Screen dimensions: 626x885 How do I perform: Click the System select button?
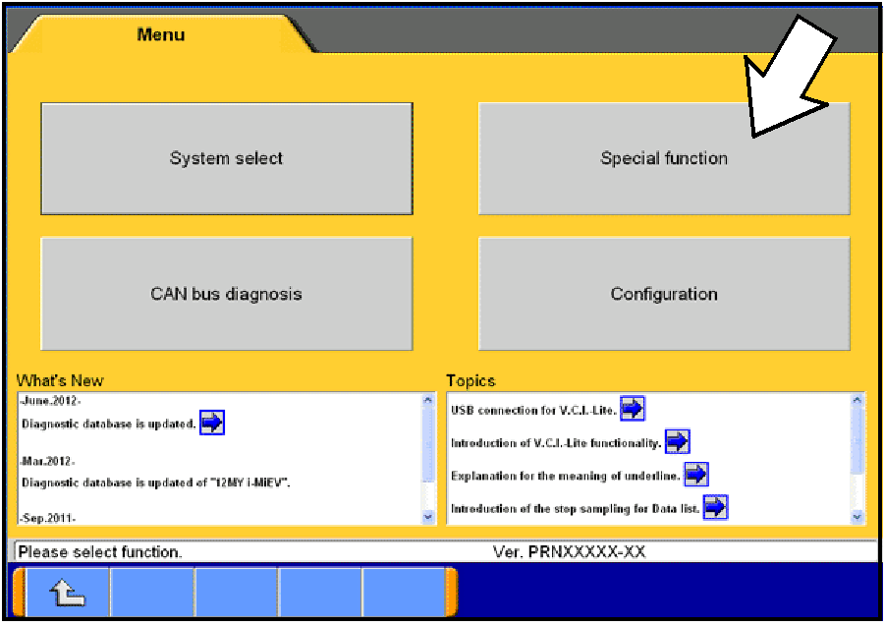pyautogui.click(x=226, y=158)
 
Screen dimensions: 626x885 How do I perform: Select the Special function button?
pyautogui.click(x=664, y=158)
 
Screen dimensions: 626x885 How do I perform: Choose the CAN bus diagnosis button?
pyautogui.click(x=226, y=294)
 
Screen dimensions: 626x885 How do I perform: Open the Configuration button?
pyautogui.click(x=664, y=294)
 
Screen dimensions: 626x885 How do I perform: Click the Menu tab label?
pyautogui.click(x=161, y=34)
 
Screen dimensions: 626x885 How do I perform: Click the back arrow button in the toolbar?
pyautogui.click(x=66, y=593)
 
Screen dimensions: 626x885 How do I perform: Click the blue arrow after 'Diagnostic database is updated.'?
pyautogui.click(x=212, y=424)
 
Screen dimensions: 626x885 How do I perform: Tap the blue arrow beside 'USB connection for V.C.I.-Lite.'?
pyautogui.click(x=633, y=409)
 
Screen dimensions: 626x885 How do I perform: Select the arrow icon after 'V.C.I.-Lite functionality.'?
pyautogui.click(x=678, y=442)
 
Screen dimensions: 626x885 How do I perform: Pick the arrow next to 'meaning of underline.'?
pyautogui.click(x=695, y=475)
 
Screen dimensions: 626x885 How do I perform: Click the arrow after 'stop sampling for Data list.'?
pyautogui.click(x=716, y=507)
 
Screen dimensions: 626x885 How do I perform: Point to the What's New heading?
pyautogui.click(x=60, y=380)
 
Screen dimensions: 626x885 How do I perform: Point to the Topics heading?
pyautogui.click(x=470, y=380)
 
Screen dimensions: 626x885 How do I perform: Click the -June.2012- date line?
pyautogui.click(x=50, y=401)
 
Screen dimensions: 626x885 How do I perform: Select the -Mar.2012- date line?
pyautogui.click(x=48, y=461)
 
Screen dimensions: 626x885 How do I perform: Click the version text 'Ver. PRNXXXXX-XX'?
pyautogui.click(x=569, y=552)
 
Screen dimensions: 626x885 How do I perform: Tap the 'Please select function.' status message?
pyautogui.click(x=100, y=552)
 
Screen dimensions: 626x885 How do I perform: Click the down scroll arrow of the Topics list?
pyautogui.click(x=857, y=516)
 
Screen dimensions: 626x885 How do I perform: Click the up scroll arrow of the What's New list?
pyautogui.click(x=427, y=401)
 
